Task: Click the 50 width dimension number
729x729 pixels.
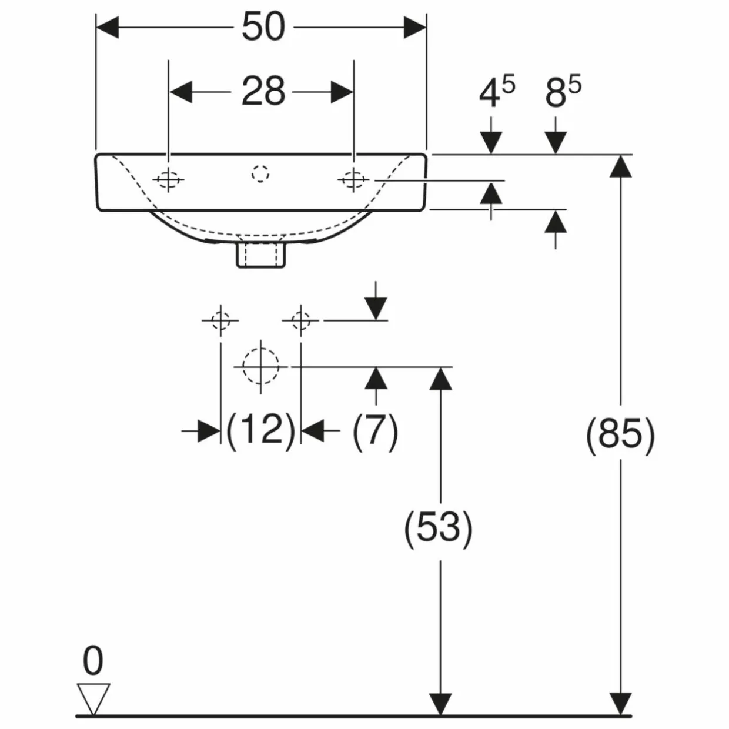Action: pyautogui.click(x=263, y=26)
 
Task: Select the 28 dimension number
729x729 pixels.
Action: pyautogui.click(x=263, y=91)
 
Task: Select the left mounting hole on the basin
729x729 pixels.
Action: pyautogui.click(x=168, y=179)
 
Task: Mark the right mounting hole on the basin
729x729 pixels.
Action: pyautogui.click(x=354, y=179)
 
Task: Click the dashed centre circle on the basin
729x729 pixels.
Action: pyautogui.click(x=260, y=174)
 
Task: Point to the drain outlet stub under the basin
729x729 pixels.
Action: pyautogui.click(x=261, y=256)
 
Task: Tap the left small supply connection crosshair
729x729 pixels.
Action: pyautogui.click(x=220, y=320)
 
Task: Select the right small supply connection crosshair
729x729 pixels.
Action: pyautogui.click(x=301, y=320)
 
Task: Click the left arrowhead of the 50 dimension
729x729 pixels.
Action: pyautogui.click(x=108, y=27)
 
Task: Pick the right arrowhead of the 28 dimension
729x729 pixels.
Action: pyautogui.click(x=342, y=92)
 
